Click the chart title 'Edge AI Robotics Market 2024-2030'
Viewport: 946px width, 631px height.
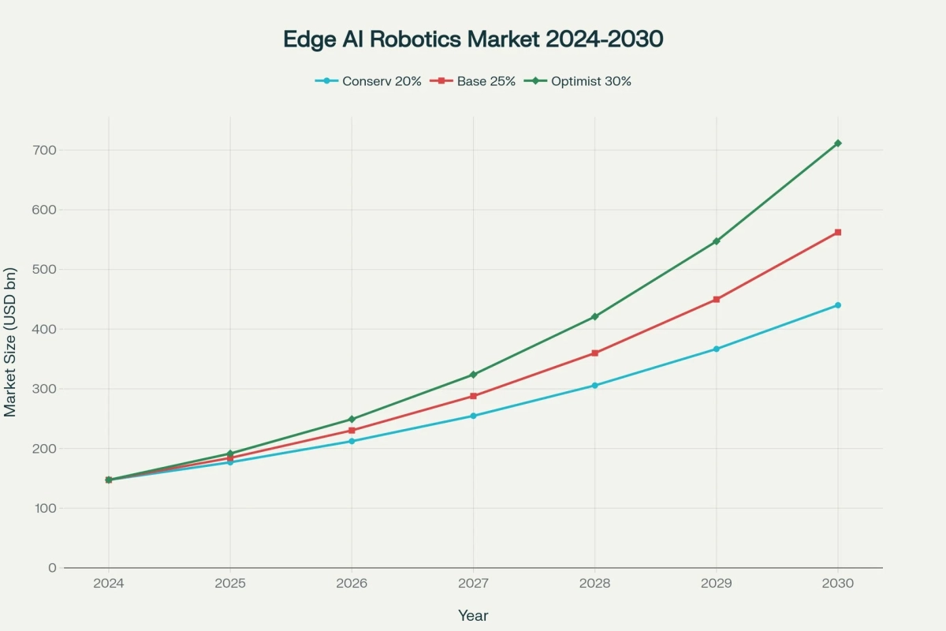tap(472, 40)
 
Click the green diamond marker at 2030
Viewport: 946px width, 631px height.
tap(837, 143)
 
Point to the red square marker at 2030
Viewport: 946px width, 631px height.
tap(837, 232)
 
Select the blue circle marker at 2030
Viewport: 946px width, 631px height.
tap(837, 305)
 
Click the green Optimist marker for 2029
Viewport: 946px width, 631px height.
tap(716, 241)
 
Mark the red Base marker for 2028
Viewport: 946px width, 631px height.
tap(594, 353)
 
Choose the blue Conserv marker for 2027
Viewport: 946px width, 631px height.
tap(473, 416)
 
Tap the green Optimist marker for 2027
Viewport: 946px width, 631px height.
tap(473, 375)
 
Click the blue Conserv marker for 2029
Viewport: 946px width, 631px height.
tap(716, 349)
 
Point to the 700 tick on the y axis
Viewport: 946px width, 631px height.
tap(46, 150)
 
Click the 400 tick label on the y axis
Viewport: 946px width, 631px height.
tap(46, 329)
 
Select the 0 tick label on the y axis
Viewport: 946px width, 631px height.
tap(52, 568)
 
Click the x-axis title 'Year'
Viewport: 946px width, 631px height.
tap(473, 615)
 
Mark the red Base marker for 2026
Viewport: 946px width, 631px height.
tap(352, 431)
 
